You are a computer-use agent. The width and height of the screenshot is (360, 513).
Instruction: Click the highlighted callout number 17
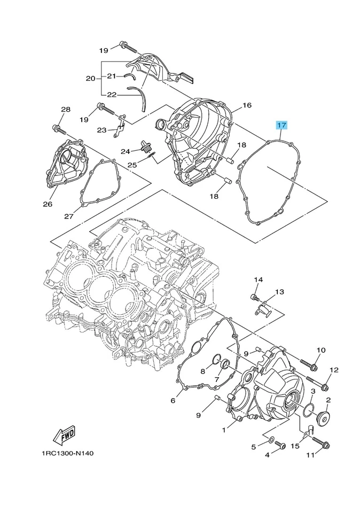coord(281,126)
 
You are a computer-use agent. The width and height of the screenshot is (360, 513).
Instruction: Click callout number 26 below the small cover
coord(47,204)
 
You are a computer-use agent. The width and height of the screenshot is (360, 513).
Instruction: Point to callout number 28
coord(65,110)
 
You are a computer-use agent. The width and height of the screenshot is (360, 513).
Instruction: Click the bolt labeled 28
coord(58,128)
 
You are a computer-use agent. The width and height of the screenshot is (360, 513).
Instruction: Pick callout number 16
coord(247,105)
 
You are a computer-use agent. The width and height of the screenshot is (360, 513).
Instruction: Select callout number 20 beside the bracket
coord(90,78)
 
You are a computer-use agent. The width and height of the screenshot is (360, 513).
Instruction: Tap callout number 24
coord(126,151)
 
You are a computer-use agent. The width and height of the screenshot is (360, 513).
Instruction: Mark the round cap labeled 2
coord(324,419)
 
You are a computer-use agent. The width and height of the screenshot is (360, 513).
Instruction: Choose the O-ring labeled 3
coord(308,410)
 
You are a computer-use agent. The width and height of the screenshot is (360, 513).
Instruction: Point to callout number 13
coord(280,292)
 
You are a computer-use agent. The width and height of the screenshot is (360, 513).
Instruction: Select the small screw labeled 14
coord(254,297)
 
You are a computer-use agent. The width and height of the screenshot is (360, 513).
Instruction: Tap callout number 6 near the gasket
coord(173,400)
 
